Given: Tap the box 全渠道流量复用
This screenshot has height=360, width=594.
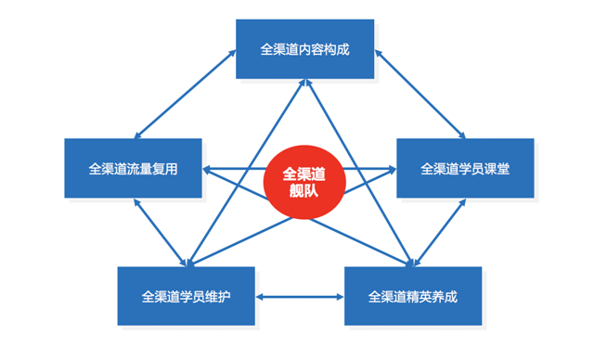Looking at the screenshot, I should pos(133,169).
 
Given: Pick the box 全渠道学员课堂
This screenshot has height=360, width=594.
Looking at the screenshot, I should pos(465,168).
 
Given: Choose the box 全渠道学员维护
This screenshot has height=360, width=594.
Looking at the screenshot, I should pos(186,297).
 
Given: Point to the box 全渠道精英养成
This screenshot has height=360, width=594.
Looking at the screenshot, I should pos(412,297).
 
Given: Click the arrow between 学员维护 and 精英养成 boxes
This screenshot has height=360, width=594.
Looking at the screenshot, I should pos(299,298).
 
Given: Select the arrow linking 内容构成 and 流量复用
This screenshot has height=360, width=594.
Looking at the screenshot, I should pos(183,92).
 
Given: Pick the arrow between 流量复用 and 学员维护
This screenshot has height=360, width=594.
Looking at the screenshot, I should pos(161,232).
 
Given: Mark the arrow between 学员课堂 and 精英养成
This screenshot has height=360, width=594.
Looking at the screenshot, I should pos(440,232).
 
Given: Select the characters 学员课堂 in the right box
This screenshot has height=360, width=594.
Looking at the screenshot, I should pos(484,168).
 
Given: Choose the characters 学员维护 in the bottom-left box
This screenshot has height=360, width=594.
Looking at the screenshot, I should pos(205,297).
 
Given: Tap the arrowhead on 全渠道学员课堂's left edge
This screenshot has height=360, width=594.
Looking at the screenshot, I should pos(391,169).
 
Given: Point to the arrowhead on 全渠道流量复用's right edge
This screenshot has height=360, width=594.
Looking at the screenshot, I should pos(208,169).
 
